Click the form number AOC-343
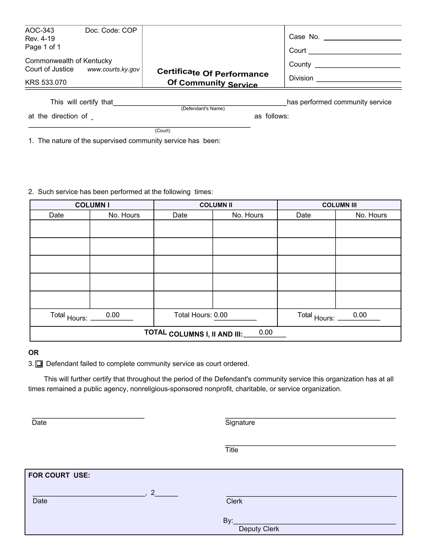pos(39,30)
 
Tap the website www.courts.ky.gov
pos(113,69)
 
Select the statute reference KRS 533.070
pos(46,82)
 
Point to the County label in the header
pos(300,64)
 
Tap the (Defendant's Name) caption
pos(203,109)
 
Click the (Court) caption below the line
pos(163,131)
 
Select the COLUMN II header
pos(216,205)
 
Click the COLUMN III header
pos(339,205)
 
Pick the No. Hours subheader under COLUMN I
pos(124,215)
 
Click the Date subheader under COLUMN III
pos(303,215)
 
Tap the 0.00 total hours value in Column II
pos(221,315)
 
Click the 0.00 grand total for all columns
pos(265,333)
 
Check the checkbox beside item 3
pos(39,364)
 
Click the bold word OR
pos(33,353)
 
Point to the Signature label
pos(240,423)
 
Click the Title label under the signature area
pos(232,450)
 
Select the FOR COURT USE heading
pos(59,475)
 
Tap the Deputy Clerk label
pos(259,529)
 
